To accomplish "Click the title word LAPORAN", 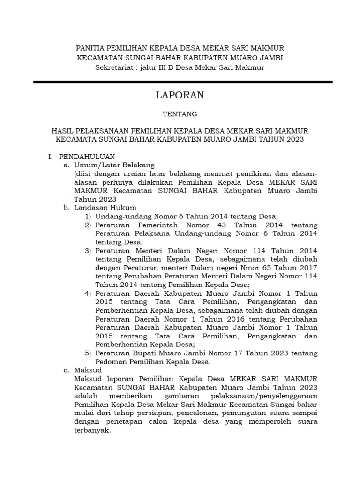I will pyautogui.click(x=180, y=95).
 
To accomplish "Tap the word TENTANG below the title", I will pyautogui.click(x=180, y=114).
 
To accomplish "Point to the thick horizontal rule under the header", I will pyautogui.click(x=183, y=82).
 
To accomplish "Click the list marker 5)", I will pyautogui.click(x=88, y=352).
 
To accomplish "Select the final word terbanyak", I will pyautogui.click(x=92, y=430).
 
